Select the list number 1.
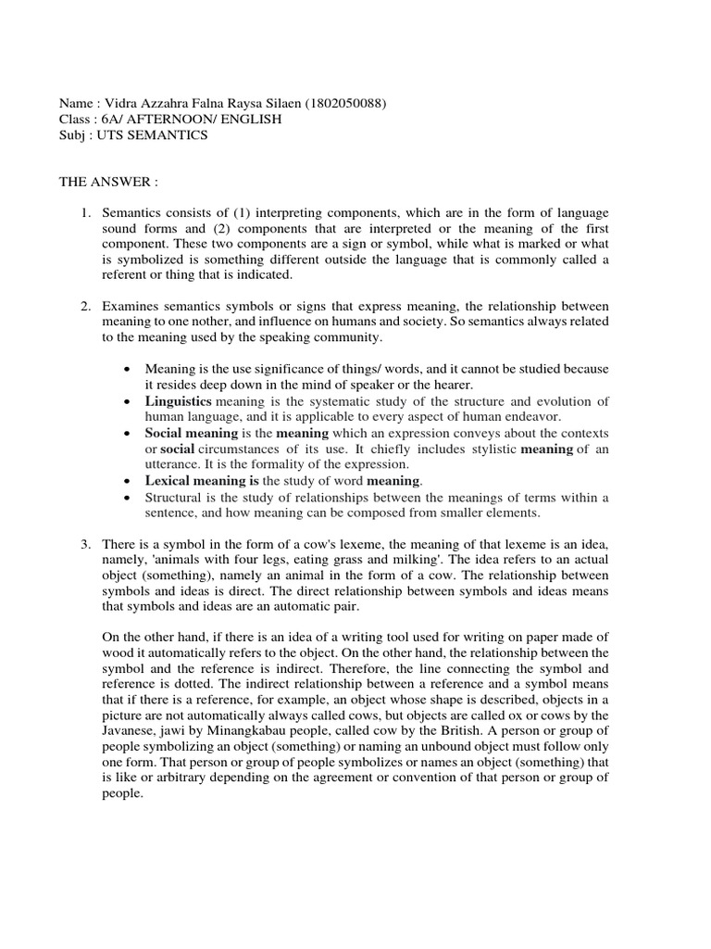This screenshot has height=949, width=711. click(x=84, y=213)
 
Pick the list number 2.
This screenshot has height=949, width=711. click(x=84, y=306)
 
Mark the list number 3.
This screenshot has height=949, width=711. click(x=84, y=541)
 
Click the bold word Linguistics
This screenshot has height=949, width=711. click(x=179, y=401)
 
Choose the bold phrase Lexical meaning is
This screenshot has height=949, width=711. click(x=202, y=480)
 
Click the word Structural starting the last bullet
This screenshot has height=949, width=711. click(x=173, y=498)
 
